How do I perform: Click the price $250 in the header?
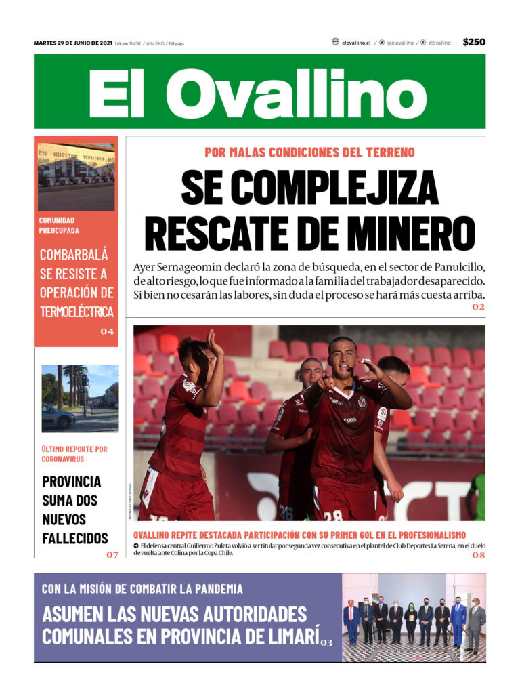474,42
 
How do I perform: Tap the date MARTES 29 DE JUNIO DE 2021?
72,43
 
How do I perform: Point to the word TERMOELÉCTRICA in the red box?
77,312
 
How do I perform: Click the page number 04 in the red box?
107,332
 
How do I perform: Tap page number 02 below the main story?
479,308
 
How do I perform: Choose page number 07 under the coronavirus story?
112,555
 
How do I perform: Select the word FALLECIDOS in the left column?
75,539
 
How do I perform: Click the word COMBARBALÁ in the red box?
74,255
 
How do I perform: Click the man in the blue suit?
458,620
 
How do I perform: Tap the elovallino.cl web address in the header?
356,43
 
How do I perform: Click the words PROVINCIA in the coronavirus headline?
72,482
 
